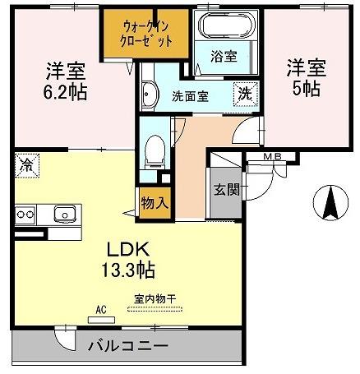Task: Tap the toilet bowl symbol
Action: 155,152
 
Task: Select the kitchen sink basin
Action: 65,214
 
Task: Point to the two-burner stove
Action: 25,215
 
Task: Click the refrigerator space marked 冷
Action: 27,165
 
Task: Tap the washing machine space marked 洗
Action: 245,95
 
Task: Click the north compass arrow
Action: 330,202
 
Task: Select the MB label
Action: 272,157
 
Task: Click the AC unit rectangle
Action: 101,320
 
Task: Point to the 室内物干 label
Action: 155,298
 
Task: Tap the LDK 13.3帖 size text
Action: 128,259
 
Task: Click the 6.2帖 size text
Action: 65,92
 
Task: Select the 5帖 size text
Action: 306,89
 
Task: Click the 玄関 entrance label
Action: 227,189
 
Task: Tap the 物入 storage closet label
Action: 155,203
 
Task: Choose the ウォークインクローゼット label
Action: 146,34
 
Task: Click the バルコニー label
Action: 127,346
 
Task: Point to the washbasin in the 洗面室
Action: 150,95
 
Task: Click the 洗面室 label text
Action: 190,96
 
